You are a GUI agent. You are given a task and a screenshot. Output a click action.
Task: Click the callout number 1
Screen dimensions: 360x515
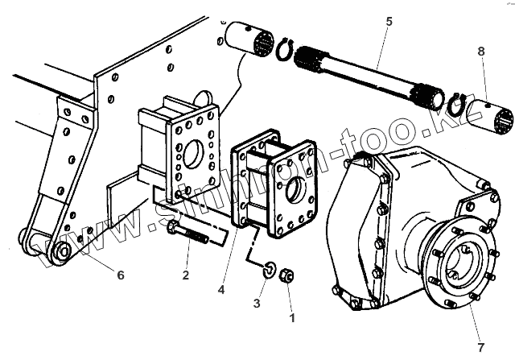coord(292,317)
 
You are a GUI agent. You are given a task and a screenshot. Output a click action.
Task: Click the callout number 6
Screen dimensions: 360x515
coord(120,275)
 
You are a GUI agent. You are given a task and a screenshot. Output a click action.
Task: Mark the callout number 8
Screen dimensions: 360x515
coord(481,52)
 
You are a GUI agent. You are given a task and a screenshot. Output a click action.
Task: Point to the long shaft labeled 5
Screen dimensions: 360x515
coord(370,77)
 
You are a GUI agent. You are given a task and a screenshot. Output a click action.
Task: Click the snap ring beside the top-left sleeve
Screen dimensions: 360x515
coord(283,51)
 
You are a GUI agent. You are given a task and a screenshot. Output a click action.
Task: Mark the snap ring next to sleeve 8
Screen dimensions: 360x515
coord(459,105)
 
